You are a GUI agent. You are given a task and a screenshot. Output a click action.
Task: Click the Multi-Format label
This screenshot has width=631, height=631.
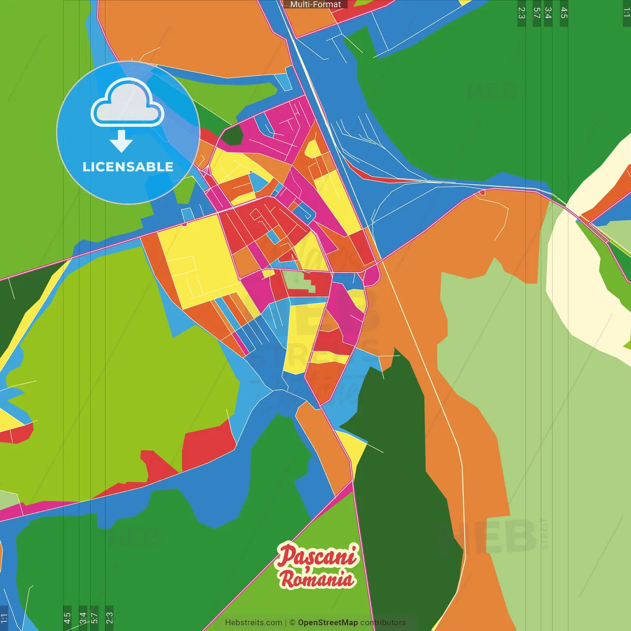pyautogui.click(x=315, y=4)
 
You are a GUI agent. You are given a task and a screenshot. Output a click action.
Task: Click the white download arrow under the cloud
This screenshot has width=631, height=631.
pyautogui.click(x=121, y=141)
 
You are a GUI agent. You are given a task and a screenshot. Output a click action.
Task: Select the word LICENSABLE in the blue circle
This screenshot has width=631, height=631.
pyautogui.click(x=128, y=167)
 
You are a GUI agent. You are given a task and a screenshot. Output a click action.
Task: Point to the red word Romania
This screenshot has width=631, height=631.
pyautogui.click(x=317, y=578)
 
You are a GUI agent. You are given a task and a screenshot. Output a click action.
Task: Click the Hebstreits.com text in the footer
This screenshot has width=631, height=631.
pyautogui.click(x=253, y=623)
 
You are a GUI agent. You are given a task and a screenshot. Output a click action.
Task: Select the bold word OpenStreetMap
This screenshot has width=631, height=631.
pyautogui.click(x=327, y=623)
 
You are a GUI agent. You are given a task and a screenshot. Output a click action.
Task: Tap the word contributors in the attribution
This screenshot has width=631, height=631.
pyautogui.click(x=383, y=623)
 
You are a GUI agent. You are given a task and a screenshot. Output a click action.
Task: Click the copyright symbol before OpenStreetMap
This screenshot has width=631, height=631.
pyautogui.click(x=292, y=623)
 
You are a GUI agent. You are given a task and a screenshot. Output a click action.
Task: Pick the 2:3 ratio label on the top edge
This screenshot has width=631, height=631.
pyautogui.click(x=522, y=13)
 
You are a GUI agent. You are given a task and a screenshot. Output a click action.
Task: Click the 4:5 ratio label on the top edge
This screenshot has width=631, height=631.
pyautogui.click(x=564, y=13)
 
